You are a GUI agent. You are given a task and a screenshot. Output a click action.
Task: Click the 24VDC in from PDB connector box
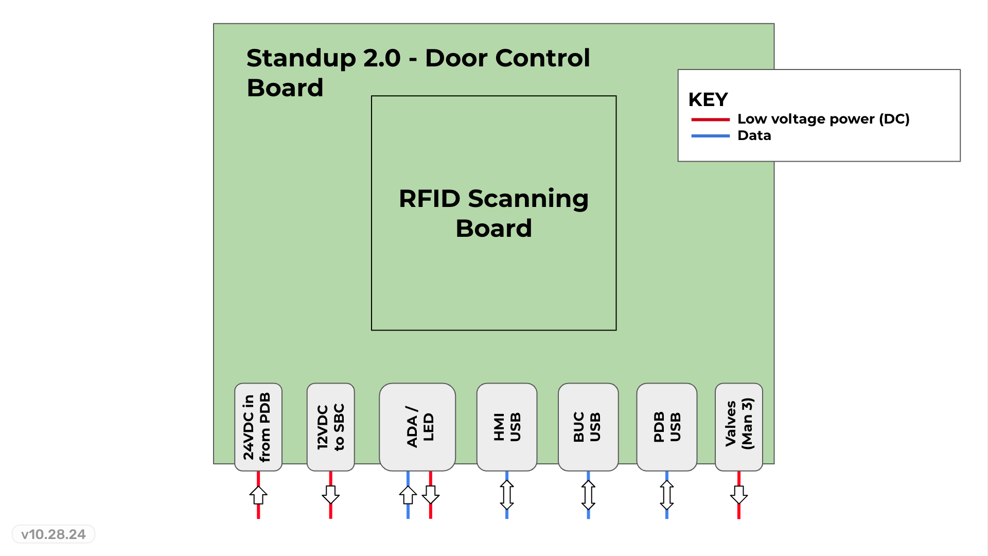point(258,427)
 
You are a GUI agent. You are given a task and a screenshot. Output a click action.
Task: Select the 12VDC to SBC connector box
point(330,427)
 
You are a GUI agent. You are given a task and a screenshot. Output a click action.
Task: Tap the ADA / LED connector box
point(417,427)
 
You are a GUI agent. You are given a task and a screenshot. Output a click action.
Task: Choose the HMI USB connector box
point(507,427)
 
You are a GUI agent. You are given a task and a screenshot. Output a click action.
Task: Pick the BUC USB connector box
point(588,427)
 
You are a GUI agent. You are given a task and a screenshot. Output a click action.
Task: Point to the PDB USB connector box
point(667,427)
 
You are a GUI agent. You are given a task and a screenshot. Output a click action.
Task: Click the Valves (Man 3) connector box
point(739,427)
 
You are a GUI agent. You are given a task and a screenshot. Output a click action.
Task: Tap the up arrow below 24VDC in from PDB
point(258,495)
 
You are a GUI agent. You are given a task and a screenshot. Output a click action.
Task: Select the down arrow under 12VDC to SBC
point(330,494)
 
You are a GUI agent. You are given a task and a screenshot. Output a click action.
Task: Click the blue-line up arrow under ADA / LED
point(408,495)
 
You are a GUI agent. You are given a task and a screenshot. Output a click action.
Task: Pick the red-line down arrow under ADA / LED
point(431,494)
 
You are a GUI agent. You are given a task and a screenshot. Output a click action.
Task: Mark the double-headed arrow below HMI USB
point(507,495)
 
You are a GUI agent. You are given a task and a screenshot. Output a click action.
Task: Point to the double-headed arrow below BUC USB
point(588,495)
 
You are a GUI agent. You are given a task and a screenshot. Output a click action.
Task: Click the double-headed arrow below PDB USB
point(667,495)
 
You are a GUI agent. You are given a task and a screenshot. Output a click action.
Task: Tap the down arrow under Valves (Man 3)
point(739,494)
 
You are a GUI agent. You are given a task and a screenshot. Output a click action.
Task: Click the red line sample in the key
point(710,119)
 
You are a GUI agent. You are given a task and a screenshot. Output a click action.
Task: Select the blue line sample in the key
point(710,136)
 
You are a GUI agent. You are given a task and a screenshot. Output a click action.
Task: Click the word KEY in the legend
point(708,99)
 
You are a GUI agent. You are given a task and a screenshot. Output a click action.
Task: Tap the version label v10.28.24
point(54,534)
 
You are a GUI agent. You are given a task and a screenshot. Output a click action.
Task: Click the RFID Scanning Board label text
point(493,213)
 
